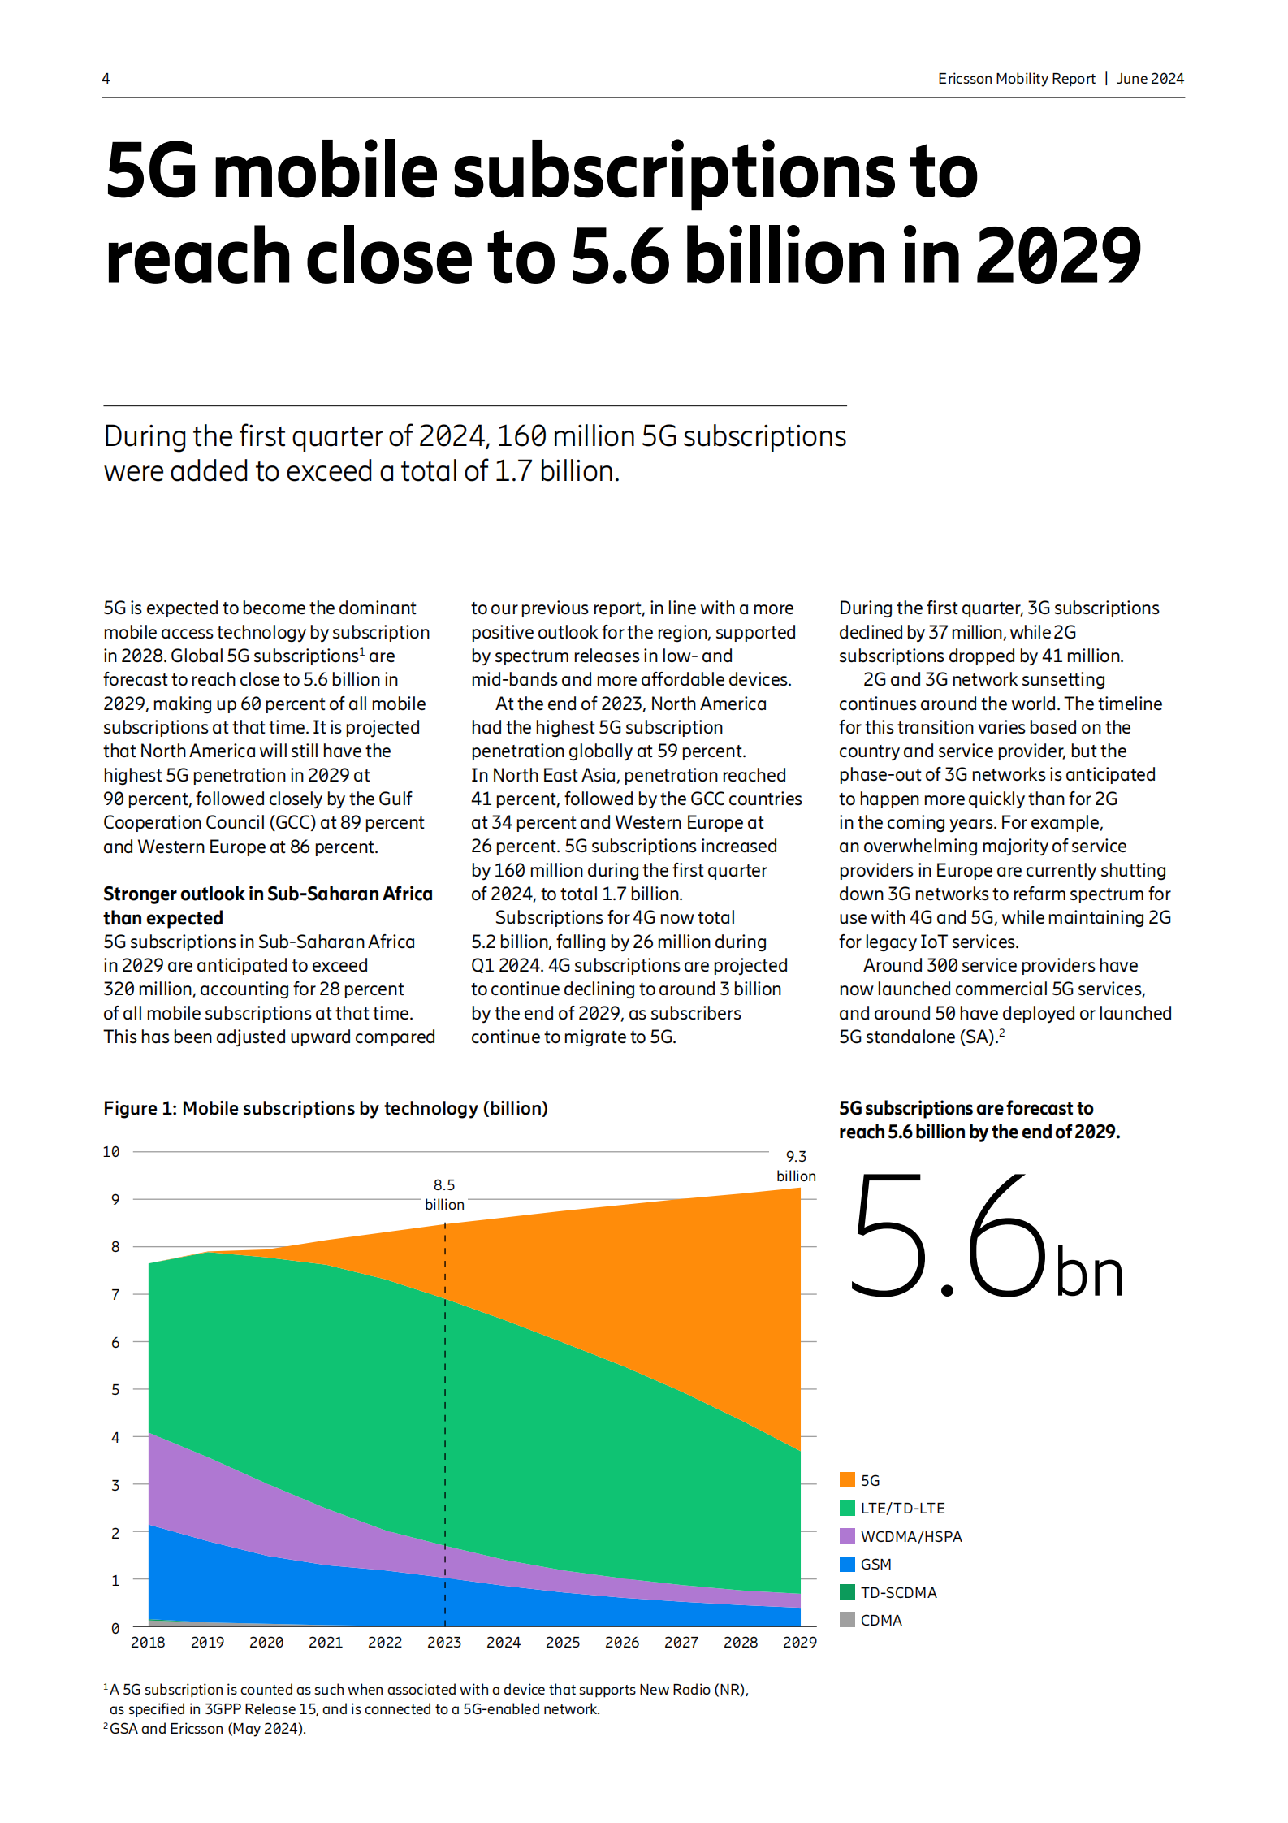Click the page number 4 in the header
pos(106,79)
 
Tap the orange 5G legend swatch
pos(847,1479)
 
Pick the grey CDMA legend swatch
pos(847,1619)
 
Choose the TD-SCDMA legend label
pos(898,1592)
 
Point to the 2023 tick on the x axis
pos(444,1642)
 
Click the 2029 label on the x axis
pos(799,1642)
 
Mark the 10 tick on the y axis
pos(111,1151)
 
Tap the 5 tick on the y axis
pos(115,1389)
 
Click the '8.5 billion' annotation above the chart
pos(444,1194)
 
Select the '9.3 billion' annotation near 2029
pos(796,1166)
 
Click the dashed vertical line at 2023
pos(445,1422)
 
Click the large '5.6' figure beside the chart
pos(947,1235)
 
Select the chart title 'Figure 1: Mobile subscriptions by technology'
pos(325,1108)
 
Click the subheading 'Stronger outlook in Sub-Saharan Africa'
pos(267,894)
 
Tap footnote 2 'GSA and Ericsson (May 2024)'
pos(207,1728)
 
